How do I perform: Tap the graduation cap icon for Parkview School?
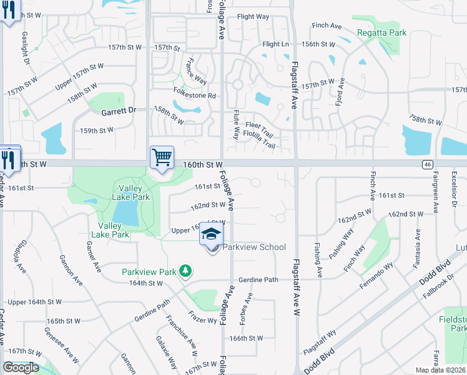pyautogui.click(x=212, y=235)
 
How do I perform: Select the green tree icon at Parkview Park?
pyautogui.click(x=185, y=271)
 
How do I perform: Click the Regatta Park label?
pyautogui.click(x=381, y=32)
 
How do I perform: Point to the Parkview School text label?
pyautogui.click(x=254, y=247)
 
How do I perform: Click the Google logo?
pyautogui.click(x=21, y=367)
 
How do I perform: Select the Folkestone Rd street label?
pyautogui.click(x=194, y=96)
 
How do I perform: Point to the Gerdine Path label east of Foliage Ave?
pyautogui.click(x=258, y=279)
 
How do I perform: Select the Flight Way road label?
pyautogui.click(x=253, y=17)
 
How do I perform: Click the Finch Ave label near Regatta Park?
pyautogui.click(x=327, y=26)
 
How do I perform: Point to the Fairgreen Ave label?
pyautogui.click(x=435, y=190)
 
